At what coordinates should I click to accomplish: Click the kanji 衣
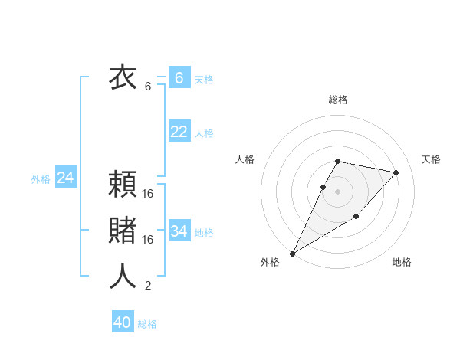123,78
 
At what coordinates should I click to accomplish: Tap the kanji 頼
123,185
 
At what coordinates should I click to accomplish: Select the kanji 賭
123,231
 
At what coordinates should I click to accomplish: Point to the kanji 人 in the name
123,277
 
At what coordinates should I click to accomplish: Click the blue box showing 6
179,78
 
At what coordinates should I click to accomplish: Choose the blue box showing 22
179,132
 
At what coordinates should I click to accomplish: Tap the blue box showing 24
65,178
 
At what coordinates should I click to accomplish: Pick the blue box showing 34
179,231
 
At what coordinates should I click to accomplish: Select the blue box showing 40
123,322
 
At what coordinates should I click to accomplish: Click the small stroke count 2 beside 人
148,286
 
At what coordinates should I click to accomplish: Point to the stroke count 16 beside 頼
148,195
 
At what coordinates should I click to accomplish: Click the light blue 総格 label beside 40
147,324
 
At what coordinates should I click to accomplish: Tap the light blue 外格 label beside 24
41,179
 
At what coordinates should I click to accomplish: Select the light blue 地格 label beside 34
204,233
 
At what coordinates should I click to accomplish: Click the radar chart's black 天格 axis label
431,159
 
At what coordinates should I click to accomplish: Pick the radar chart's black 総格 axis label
338,100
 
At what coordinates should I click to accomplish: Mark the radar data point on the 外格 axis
292,253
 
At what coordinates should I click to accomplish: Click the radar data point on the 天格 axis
396,172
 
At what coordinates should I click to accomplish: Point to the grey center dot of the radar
338,191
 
